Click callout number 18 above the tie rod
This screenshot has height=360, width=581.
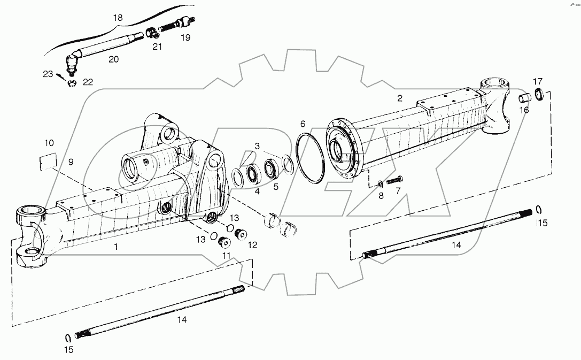coord(118,18)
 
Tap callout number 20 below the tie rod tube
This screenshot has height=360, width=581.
coord(113,59)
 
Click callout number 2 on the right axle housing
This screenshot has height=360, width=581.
coord(399,98)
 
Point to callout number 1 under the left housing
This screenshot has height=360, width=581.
coord(116,247)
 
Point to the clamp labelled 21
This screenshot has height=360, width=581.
coord(151,33)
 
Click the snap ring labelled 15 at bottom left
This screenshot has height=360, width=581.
coord(68,337)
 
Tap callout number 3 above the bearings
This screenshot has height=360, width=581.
coord(257,145)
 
